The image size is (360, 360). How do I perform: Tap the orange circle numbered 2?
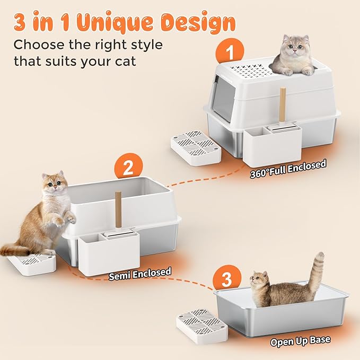coord(128,168)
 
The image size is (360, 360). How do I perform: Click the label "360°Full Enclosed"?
coord(288,169)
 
